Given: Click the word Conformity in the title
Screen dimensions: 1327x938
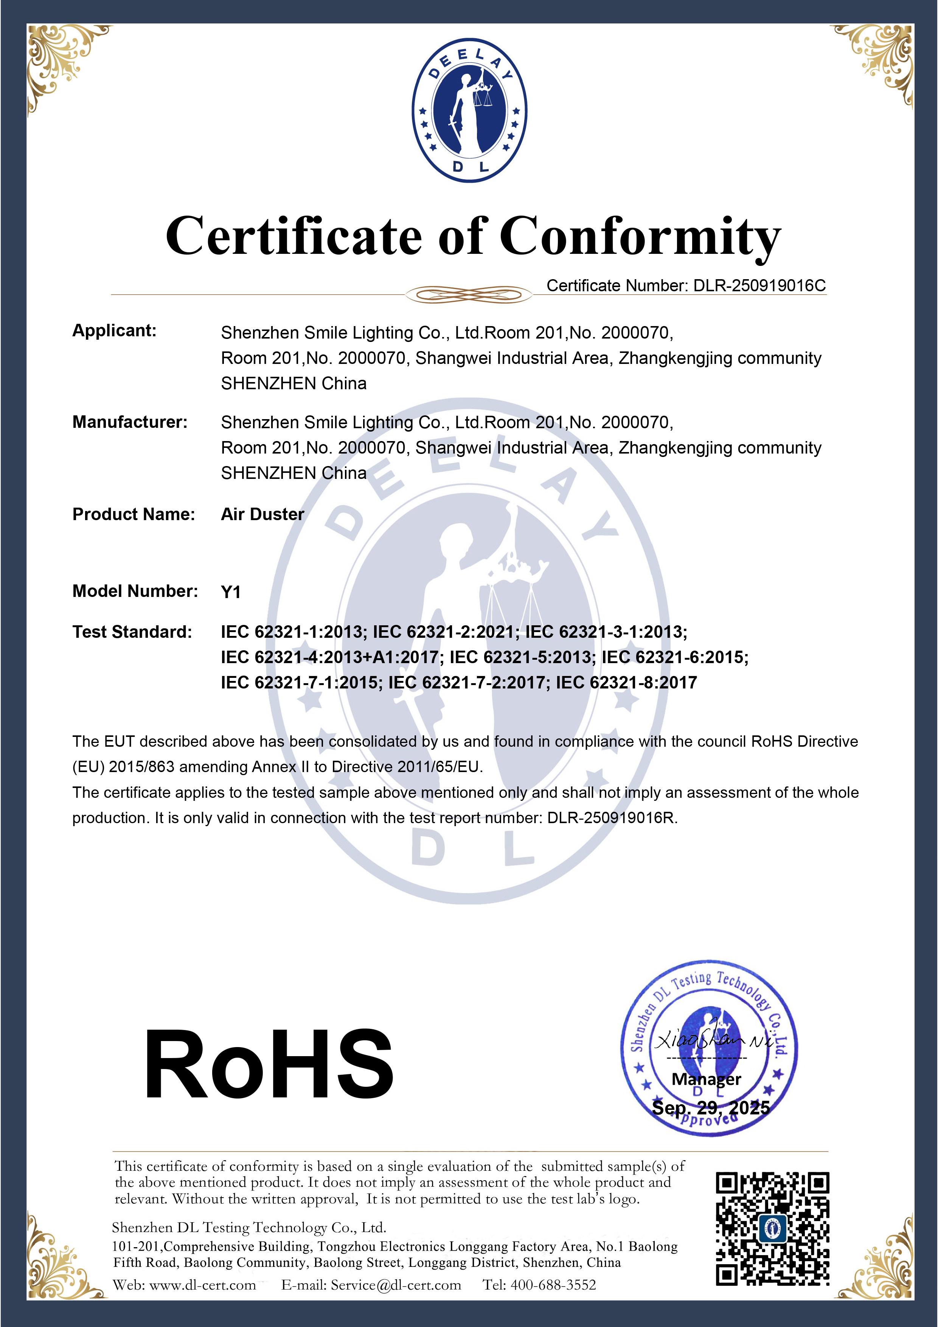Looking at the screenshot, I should point(640,237).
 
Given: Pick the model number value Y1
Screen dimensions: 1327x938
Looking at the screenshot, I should point(231,592).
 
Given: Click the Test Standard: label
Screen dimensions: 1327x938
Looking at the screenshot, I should point(132,632).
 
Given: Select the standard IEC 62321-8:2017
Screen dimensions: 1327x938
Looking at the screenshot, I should point(626,682).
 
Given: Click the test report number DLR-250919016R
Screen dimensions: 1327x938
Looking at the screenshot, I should point(612,818).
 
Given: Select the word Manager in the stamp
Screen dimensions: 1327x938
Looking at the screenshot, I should point(706,1079).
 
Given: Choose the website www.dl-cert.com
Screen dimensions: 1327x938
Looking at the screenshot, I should point(202,1285).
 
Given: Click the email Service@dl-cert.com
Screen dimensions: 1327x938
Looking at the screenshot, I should point(396,1285).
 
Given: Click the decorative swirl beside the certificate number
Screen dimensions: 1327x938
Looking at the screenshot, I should point(468,295).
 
